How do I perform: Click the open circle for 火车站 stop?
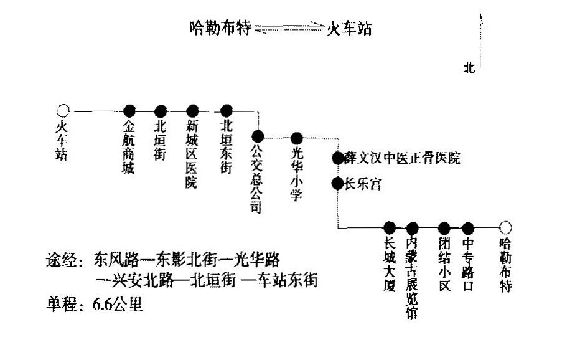[x=63, y=111]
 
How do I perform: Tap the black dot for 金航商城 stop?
[x=129, y=111]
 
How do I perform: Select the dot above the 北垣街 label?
[x=161, y=111]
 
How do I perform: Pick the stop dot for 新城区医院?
[x=193, y=111]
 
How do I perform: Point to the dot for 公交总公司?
[x=258, y=136]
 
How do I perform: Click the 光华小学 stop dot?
[x=297, y=138]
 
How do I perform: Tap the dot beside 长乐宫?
[x=337, y=183]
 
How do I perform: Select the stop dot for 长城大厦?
[x=390, y=228]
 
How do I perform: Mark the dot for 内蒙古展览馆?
[x=413, y=228]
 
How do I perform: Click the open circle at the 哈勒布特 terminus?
[x=505, y=228]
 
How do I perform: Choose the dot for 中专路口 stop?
[x=469, y=228]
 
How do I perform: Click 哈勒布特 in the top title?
[x=220, y=28]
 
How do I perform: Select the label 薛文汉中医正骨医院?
[x=402, y=158]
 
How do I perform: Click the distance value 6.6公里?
[x=118, y=306]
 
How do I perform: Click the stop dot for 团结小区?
[x=444, y=228]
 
